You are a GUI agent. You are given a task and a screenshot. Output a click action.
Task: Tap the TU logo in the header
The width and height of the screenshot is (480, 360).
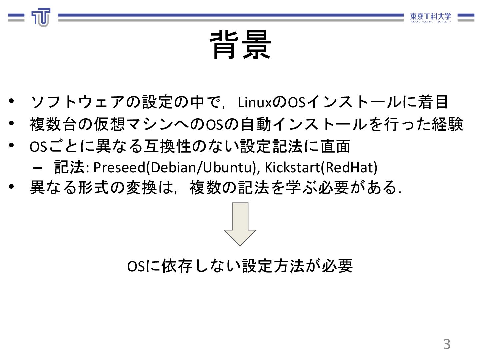(41, 17)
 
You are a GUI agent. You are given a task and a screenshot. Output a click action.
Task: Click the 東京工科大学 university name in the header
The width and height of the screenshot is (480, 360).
(430, 17)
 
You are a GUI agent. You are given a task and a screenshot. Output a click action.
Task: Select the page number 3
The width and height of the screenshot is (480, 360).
(447, 344)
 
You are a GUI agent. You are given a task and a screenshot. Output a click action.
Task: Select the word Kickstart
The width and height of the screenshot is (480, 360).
(292, 167)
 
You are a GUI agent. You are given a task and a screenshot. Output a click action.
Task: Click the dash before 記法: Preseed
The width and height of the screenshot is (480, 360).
(38, 168)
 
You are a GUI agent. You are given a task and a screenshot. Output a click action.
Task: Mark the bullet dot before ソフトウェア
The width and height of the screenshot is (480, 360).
(12, 101)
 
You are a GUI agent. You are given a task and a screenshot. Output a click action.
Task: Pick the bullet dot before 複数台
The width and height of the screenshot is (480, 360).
(12, 123)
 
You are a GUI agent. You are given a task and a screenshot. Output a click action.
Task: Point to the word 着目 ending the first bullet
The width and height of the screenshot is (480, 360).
(433, 102)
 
